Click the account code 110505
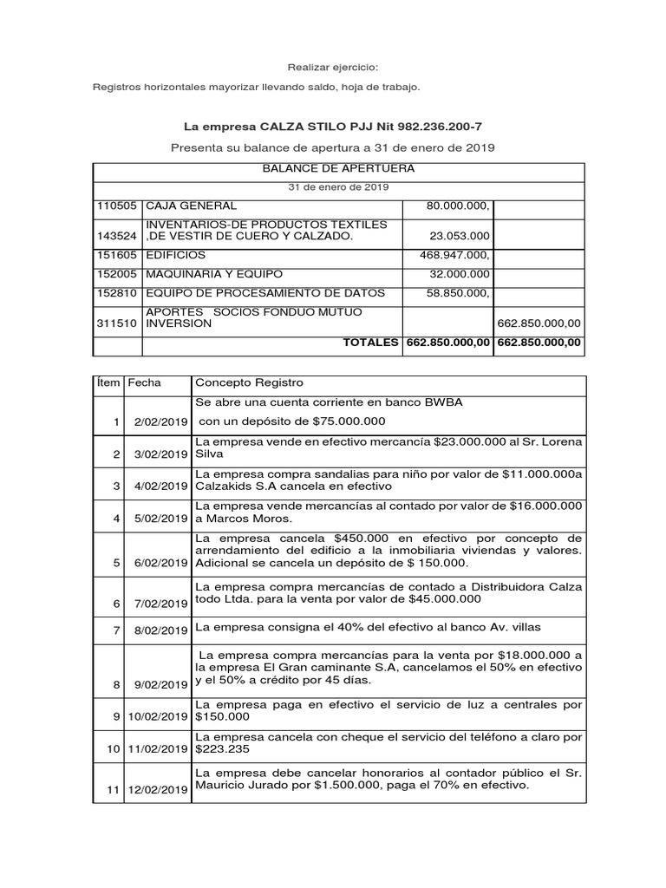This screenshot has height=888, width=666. click(116, 206)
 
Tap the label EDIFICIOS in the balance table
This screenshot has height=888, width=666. click(176, 256)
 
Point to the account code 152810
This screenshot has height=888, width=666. click(116, 293)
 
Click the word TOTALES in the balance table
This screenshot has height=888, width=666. click(371, 343)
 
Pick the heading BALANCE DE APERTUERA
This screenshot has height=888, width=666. click(338, 168)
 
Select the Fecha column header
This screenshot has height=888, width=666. click(143, 383)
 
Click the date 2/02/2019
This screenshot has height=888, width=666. click(161, 421)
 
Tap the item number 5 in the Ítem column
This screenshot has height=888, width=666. click(117, 562)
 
